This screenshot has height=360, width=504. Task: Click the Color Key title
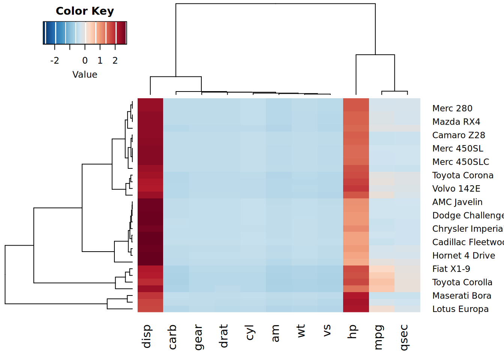tap(85, 11)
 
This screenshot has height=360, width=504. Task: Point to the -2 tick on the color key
tap(55, 60)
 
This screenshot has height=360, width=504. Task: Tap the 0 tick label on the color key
tap(85, 60)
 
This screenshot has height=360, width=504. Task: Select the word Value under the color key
tap(85, 75)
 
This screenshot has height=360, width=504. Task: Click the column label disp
tap(147, 336)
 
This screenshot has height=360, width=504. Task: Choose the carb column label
tap(172, 337)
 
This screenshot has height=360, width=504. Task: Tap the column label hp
tap(352, 332)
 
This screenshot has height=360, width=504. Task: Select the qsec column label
tap(403, 337)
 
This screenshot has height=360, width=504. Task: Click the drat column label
tap(223, 336)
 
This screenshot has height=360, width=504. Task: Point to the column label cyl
tap(249, 333)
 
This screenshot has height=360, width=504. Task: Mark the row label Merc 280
tap(452, 108)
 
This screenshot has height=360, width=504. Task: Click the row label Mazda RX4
tap(456, 122)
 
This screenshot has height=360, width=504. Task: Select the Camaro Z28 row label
tap(459, 135)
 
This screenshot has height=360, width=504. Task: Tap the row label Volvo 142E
tap(456, 189)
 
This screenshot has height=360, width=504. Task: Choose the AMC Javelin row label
tap(457, 202)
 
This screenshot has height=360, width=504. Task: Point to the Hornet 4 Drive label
tap(463, 255)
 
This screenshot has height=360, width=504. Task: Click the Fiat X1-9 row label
tap(451, 269)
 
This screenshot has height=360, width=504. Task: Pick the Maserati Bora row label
tap(462, 295)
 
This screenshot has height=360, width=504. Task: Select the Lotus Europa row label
tap(460, 309)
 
